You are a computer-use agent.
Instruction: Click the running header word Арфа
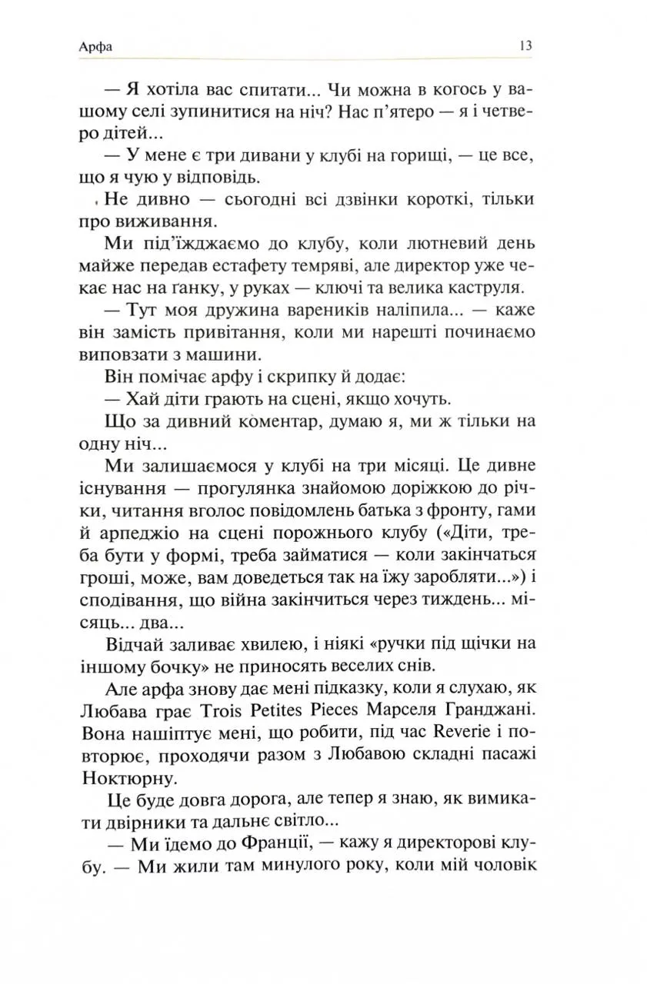click(95, 47)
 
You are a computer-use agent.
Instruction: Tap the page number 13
click(525, 46)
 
